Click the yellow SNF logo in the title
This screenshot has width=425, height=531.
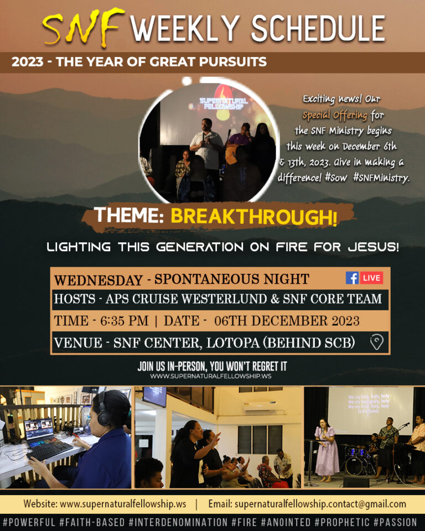[x=84, y=27]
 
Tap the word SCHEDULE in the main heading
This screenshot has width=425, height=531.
[x=318, y=28]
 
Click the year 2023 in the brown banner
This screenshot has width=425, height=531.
[x=28, y=62]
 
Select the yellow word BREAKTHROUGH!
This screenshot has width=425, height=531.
[x=253, y=216]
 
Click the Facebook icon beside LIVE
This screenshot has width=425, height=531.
[x=352, y=278]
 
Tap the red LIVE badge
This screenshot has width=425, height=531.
[x=371, y=278]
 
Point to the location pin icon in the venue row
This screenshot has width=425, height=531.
[x=376, y=342]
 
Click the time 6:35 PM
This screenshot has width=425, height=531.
[x=125, y=321]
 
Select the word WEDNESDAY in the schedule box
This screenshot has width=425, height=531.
[x=99, y=280]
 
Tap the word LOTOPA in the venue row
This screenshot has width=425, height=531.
[x=233, y=343]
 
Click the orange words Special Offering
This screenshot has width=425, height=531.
[x=335, y=116]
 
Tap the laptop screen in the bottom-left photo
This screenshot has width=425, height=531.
[x=39, y=429]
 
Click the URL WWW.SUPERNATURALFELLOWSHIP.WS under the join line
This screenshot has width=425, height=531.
[x=211, y=376]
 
